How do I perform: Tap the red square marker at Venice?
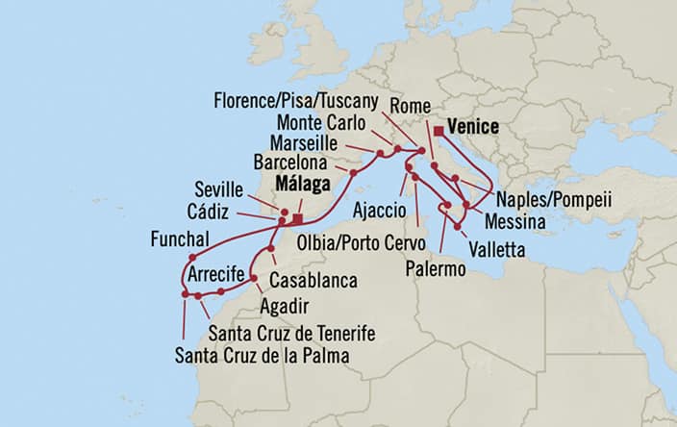(x=439, y=130)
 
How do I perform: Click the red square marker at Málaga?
(x=298, y=218)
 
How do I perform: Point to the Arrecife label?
(x=219, y=275)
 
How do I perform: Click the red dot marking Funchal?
(x=193, y=257)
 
